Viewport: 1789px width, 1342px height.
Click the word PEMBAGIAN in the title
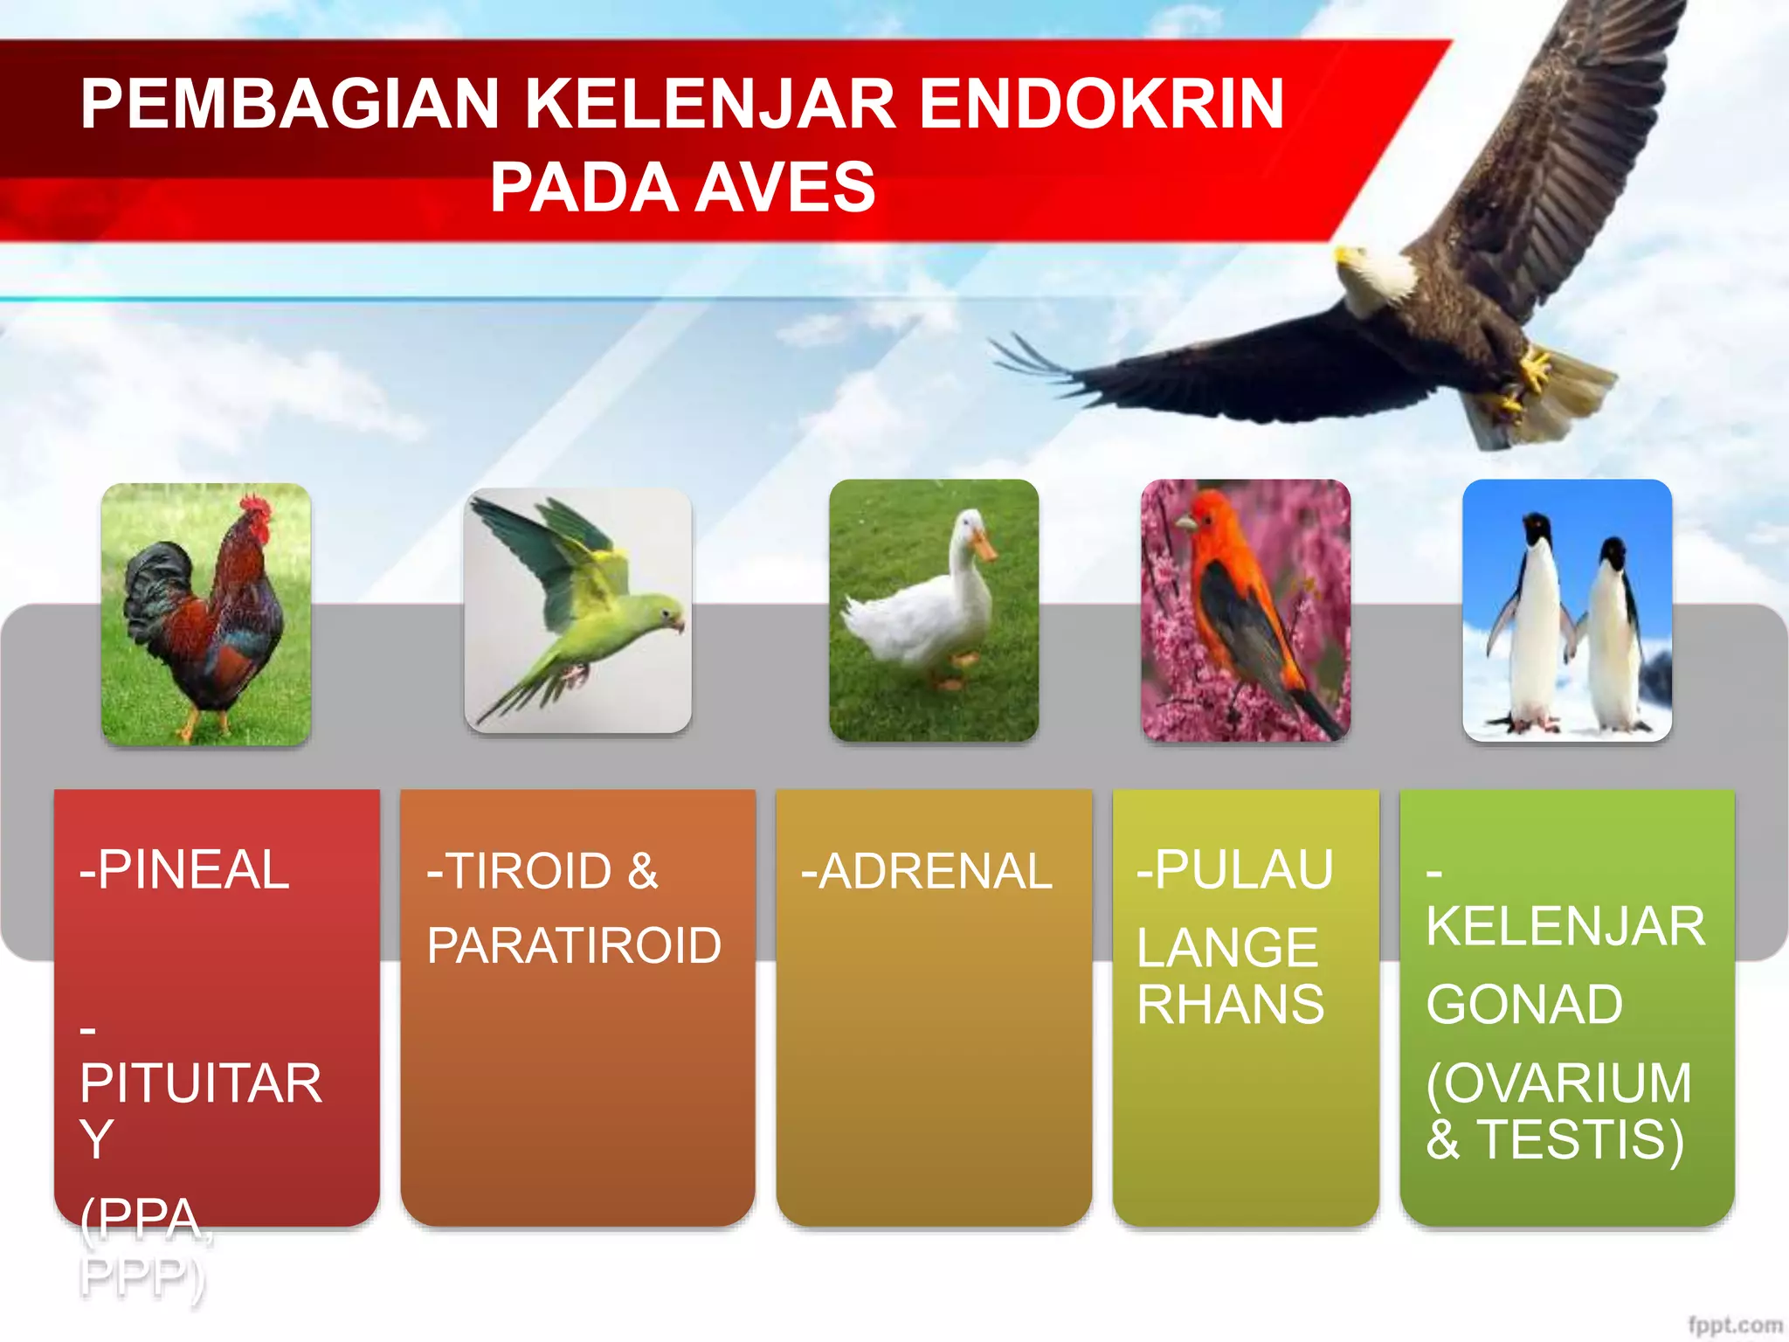pos(289,104)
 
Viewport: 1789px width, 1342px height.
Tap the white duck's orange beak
pos(984,547)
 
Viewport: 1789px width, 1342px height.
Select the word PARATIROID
pos(574,945)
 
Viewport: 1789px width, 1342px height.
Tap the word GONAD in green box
pos(1524,1005)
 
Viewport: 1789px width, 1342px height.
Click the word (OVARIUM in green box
pos(1559,1083)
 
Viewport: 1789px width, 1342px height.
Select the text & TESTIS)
pos(1555,1139)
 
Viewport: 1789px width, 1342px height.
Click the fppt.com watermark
pos(1734,1325)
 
